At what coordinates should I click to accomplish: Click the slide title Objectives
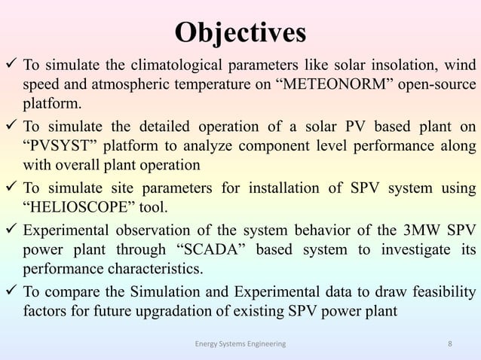(240, 32)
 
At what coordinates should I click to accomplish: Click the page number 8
(449, 344)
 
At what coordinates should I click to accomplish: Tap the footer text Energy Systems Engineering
(240, 344)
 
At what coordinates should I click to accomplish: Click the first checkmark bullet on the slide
(11, 61)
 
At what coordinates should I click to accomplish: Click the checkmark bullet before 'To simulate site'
(11, 185)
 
